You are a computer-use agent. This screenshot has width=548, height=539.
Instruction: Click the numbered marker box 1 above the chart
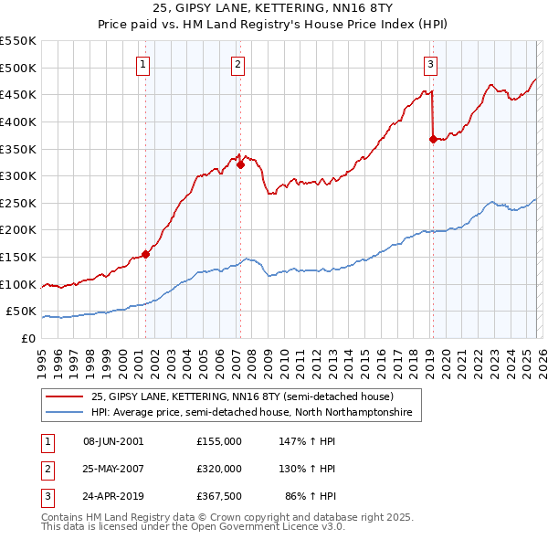coord(144,64)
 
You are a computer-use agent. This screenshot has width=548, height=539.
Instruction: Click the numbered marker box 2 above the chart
coord(237,64)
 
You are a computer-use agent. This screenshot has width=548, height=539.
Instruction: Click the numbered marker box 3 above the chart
coord(430,64)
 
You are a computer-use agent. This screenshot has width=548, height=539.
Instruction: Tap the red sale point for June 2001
coord(145,254)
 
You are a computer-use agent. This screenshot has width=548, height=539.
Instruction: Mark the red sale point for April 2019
coord(432,139)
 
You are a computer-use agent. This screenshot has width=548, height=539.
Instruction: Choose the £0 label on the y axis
coord(29,338)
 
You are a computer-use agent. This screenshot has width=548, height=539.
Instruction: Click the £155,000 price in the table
coord(218,441)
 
